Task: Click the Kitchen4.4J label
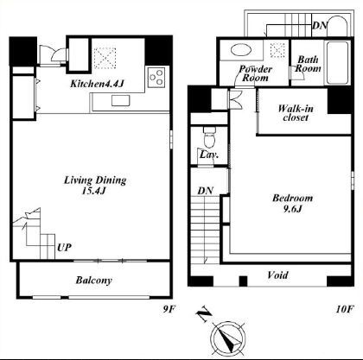point(97,84)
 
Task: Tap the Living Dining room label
point(95,185)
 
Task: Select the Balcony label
point(93,281)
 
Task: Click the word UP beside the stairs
point(64,247)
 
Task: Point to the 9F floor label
point(169,309)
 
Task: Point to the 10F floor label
point(345,309)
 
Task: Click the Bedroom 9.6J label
point(292,203)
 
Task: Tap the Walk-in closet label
point(296,113)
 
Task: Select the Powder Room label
point(255,73)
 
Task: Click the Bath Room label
point(308,64)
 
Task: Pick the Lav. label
point(209,155)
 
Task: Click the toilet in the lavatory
point(209,137)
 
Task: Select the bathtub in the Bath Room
point(338,63)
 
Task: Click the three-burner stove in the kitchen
point(156,78)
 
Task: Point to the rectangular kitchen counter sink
point(121,100)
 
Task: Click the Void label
point(277,275)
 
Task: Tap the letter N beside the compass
point(204,315)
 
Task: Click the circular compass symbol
point(228,338)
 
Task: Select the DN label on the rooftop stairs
point(320,26)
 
